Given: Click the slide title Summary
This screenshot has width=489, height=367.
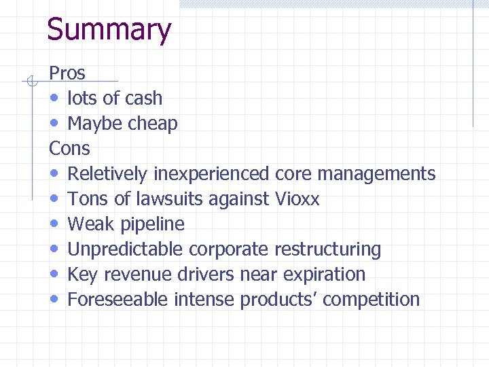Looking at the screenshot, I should coord(109,31).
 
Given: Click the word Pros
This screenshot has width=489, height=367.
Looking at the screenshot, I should coord(67,73).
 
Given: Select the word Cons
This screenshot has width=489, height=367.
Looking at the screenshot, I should coord(69,148).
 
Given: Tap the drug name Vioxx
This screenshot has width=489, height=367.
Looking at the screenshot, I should coord(297,199).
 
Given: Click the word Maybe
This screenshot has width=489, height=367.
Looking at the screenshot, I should coord(92,124).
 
